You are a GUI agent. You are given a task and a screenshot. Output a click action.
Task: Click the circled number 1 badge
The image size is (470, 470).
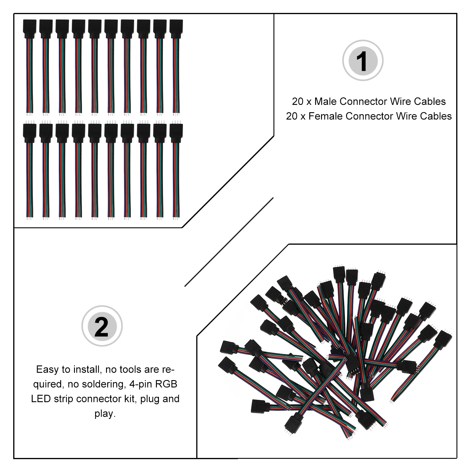click(x=362, y=61)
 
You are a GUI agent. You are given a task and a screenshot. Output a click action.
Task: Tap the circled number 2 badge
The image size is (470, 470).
click(x=102, y=326)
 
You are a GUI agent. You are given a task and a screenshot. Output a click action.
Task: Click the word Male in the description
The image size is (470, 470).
click(x=326, y=102)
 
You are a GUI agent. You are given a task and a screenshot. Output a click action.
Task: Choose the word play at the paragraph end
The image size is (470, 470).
click(x=104, y=414)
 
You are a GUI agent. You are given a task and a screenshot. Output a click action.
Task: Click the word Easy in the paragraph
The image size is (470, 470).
click(x=47, y=370)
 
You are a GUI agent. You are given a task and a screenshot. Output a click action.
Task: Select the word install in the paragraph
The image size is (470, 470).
click(x=88, y=370)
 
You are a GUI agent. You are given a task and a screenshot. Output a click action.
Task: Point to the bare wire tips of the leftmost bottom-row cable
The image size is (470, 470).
click(x=29, y=217)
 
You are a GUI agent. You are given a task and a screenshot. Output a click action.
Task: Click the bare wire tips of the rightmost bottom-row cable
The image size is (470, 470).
click(x=176, y=217)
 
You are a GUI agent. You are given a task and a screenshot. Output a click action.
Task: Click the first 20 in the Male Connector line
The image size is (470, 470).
click(x=298, y=102)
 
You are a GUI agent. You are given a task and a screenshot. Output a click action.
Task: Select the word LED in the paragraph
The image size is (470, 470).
click(x=41, y=399)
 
